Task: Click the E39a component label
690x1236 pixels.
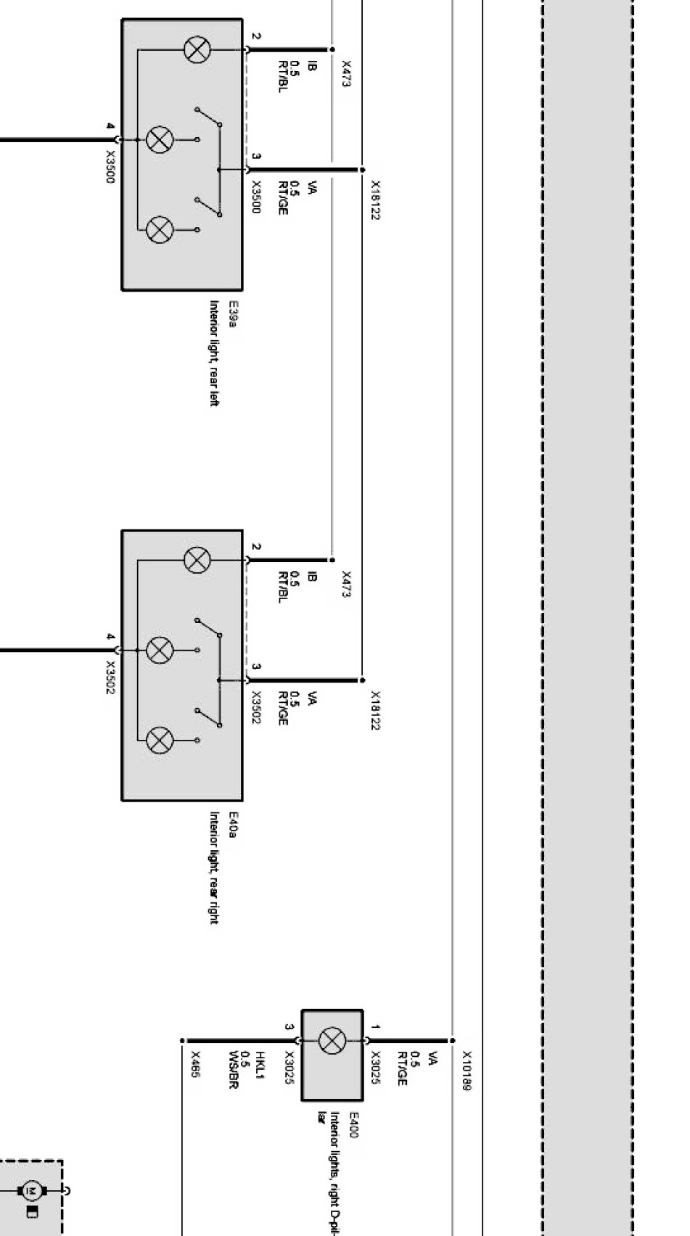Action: click(233, 315)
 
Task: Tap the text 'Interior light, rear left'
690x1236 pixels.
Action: click(214, 353)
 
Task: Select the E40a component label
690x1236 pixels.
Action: click(233, 825)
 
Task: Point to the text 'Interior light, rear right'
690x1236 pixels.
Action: click(214, 868)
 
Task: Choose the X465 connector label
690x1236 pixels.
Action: click(194, 1064)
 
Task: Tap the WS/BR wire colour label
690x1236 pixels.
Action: click(234, 1070)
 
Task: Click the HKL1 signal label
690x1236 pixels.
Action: click(260, 1065)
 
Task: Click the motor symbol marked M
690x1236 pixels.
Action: click(30, 1190)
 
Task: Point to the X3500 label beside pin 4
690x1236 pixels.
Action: click(110, 167)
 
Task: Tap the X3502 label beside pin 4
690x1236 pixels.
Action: click(110, 677)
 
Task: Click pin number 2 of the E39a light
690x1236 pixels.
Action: click(256, 36)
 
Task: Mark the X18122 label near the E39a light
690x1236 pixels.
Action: click(375, 200)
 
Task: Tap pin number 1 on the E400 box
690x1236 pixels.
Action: click(375, 1027)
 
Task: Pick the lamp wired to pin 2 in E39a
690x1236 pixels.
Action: click(196, 50)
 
